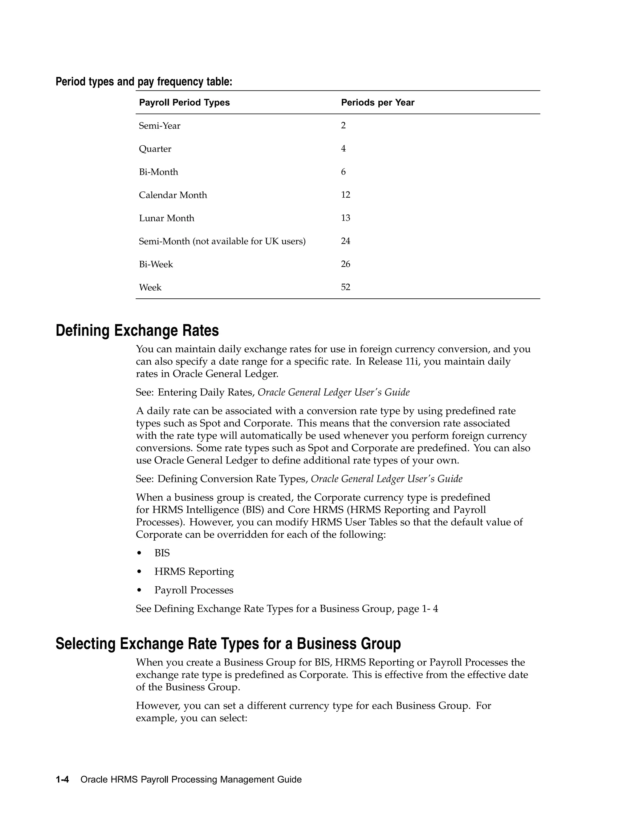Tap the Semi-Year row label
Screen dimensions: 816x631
click(160, 126)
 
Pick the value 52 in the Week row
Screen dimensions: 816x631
click(345, 287)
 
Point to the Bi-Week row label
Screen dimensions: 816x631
click(156, 264)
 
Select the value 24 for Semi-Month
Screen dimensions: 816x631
click(345, 241)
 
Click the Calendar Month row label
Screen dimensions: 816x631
click(173, 195)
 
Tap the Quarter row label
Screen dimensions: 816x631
click(155, 149)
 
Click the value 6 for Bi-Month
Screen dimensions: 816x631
click(343, 172)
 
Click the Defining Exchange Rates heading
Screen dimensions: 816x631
click(137, 331)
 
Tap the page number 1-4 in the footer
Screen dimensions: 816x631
click(63, 779)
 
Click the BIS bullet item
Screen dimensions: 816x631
click(162, 553)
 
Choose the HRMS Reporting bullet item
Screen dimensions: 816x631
click(194, 572)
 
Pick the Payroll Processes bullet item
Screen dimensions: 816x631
click(193, 590)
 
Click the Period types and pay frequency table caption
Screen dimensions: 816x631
click(144, 82)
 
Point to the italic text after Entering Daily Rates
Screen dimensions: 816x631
click(333, 392)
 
